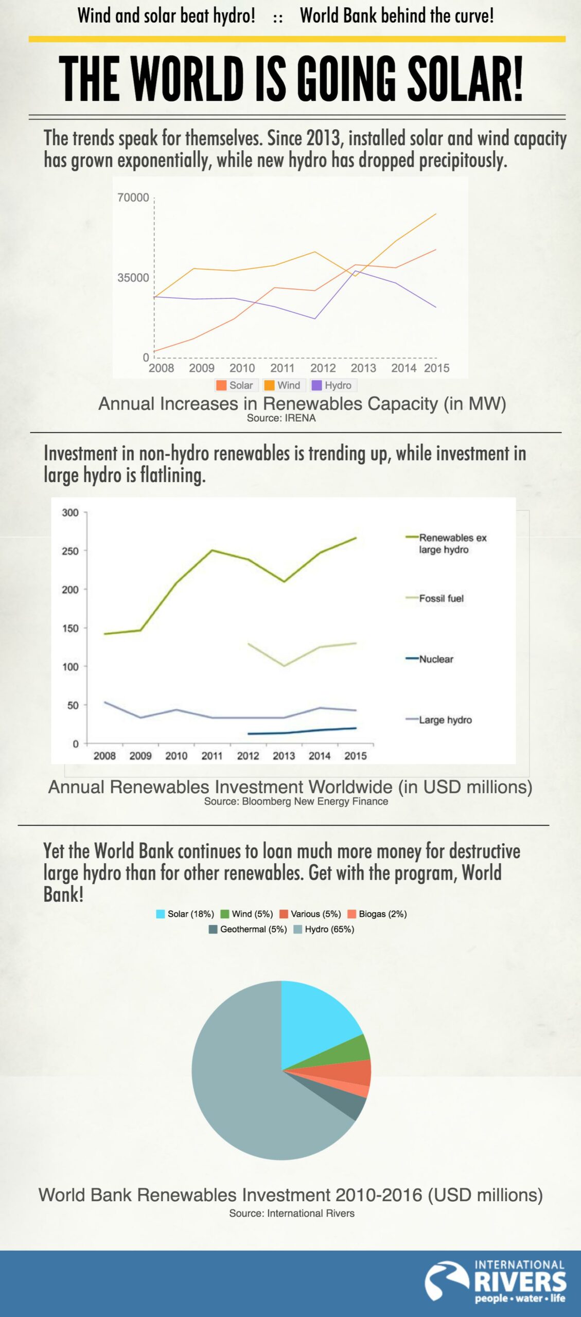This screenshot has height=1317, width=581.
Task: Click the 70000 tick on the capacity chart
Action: tap(133, 198)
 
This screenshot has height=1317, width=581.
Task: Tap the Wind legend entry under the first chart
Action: tap(283, 385)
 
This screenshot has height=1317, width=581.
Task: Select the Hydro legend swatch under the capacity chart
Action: tap(317, 385)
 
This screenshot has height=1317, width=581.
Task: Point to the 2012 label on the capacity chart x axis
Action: tap(323, 368)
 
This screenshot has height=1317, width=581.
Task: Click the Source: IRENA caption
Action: tap(281, 418)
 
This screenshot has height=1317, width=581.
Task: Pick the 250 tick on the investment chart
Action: tap(71, 551)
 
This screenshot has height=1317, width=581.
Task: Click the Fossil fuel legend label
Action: tap(441, 598)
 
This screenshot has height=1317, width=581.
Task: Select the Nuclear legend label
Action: tap(436, 659)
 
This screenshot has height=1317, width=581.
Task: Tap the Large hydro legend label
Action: tap(445, 720)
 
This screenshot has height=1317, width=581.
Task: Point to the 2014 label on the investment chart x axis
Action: tap(319, 756)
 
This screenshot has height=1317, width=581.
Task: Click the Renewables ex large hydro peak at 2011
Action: tap(212, 550)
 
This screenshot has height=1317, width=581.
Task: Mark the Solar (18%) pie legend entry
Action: tap(185, 914)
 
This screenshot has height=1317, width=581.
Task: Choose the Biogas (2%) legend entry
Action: tap(377, 914)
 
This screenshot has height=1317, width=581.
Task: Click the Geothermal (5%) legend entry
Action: tap(248, 929)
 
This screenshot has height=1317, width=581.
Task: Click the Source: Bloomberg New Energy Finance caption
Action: tap(296, 802)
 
